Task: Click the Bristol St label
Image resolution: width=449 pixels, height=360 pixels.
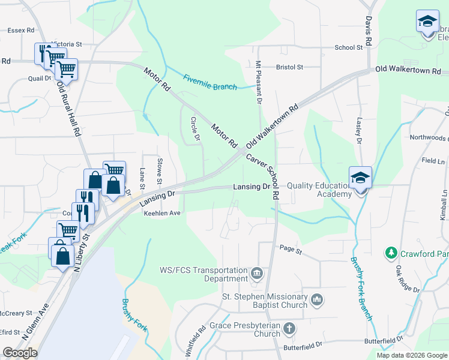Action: pyautogui.click(x=289, y=67)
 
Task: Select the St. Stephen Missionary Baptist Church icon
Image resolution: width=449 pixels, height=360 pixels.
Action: pyautogui.click(x=318, y=298)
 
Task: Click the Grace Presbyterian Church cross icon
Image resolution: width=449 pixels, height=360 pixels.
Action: pyautogui.click(x=289, y=328)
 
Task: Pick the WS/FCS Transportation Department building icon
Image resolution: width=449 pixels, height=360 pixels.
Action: pyautogui.click(x=257, y=274)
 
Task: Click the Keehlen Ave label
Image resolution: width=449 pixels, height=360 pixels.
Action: pyautogui.click(x=161, y=213)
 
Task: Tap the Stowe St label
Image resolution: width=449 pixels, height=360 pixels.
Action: pyautogui.click(x=160, y=171)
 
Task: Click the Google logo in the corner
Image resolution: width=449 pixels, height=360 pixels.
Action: pyautogui.click(x=20, y=353)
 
